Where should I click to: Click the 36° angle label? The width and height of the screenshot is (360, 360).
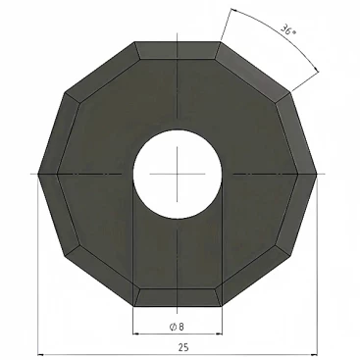(288, 29)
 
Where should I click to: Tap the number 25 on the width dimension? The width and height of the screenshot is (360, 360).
(183, 347)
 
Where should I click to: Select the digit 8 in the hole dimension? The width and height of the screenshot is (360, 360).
(181, 327)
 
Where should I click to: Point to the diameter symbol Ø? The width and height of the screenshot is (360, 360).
(173, 327)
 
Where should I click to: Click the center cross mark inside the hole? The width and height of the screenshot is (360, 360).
(178, 174)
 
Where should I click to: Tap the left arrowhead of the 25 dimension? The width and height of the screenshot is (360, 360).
(41, 354)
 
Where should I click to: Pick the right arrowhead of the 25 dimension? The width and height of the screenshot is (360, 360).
(314, 354)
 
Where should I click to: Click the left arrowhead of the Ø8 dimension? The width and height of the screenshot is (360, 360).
(135, 334)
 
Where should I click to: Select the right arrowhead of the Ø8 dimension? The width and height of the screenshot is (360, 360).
(219, 334)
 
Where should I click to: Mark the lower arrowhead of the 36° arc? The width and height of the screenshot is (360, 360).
(315, 69)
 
